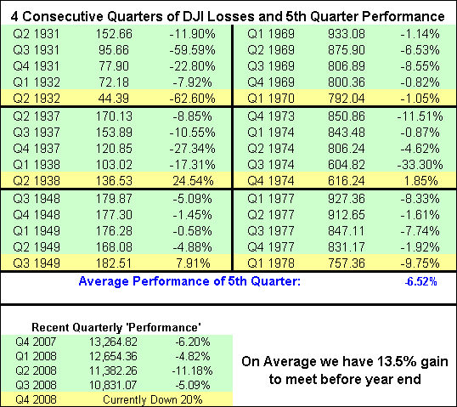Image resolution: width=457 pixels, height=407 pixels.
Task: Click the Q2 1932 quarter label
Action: point(37,99)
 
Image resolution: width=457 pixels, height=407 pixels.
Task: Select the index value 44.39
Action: point(114,99)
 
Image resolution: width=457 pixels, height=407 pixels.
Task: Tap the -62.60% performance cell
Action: point(192,99)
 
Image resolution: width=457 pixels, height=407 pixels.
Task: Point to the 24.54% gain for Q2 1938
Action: point(193,181)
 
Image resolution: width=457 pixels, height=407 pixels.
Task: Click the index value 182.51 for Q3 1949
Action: point(114,263)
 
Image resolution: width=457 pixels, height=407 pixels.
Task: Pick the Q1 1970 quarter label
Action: point(271,99)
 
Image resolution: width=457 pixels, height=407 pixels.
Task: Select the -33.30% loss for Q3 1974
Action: point(420,165)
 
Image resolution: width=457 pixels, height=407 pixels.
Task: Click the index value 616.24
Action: point(347,181)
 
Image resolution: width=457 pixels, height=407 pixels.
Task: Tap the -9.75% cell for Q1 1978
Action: point(420,263)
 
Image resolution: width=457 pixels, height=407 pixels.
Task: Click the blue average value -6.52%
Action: point(420,281)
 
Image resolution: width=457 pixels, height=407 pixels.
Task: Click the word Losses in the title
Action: point(231,16)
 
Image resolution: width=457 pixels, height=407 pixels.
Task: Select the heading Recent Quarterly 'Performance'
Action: point(116,327)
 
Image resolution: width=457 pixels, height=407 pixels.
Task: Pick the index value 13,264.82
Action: point(113,342)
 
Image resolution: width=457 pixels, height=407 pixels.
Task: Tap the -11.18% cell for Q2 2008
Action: point(192,370)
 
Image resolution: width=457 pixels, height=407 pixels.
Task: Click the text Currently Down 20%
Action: point(153,399)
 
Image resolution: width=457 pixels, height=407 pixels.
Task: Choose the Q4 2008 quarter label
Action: point(36,399)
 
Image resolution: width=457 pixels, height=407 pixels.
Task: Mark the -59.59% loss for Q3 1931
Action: point(192,50)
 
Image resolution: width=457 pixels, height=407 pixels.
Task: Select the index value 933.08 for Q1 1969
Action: point(347,34)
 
